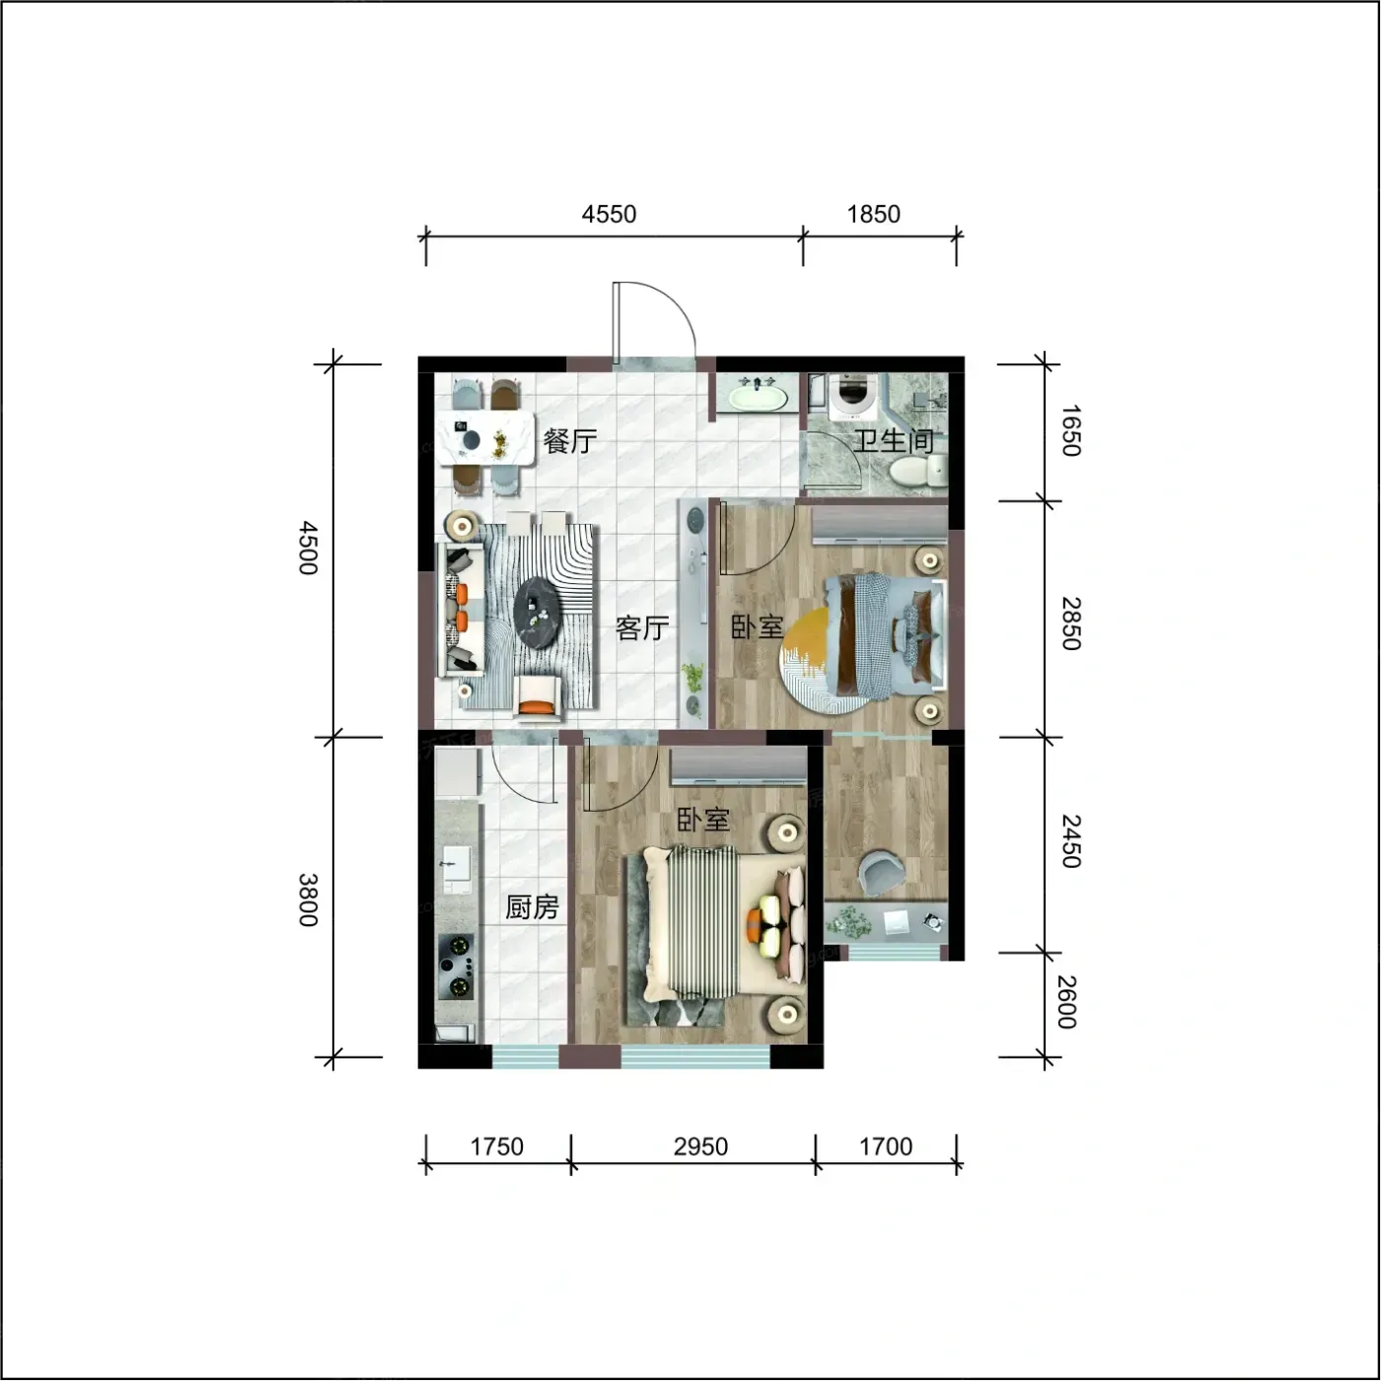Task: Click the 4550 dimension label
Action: pyautogui.click(x=609, y=214)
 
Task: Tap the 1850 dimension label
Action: pyautogui.click(x=874, y=214)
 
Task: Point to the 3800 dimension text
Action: pyautogui.click(x=308, y=900)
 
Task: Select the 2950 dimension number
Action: pyautogui.click(x=700, y=1146)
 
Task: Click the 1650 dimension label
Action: pyautogui.click(x=1070, y=430)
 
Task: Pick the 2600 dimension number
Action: pyautogui.click(x=1068, y=1002)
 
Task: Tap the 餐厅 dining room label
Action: pyautogui.click(x=570, y=441)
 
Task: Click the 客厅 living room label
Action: pyautogui.click(x=642, y=627)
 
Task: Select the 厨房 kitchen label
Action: pyautogui.click(x=532, y=908)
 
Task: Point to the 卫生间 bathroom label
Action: pyautogui.click(x=893, y=440)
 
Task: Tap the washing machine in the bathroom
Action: pyautogui.click(x=850, y=398)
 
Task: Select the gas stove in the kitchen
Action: pyautogui.click(x=457, y=967)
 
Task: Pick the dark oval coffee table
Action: pyautogui.click(x=536, y=614)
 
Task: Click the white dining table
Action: pyautogui.click(x=487, y=438)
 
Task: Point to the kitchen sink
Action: pyautogui.click(x=455, y=869)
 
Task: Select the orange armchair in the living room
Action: pyautogui.click(x=537, y=697)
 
